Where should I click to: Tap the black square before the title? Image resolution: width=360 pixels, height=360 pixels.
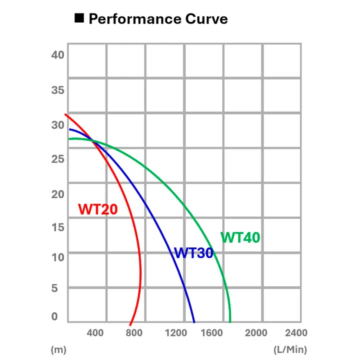[79, 18]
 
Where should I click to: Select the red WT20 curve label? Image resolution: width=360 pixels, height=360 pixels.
[98, 209]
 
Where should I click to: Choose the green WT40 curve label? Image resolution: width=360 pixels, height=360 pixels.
[240, 237]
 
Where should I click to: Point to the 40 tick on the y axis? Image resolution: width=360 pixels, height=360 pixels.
[58, 54]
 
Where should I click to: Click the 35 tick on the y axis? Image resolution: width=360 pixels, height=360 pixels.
[58, 90]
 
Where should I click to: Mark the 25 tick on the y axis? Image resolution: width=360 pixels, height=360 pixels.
[58, 159]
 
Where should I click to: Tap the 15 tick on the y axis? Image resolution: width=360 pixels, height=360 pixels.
[58, 226]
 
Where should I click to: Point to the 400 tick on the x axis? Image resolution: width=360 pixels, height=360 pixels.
[95, 332]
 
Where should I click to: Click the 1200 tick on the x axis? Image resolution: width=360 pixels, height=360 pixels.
[175, 332]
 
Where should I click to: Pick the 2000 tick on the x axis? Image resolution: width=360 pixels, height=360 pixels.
[255, 332]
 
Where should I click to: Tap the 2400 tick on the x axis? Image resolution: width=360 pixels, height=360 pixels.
[295, 332]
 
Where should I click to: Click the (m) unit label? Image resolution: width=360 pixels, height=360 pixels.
[58, 349]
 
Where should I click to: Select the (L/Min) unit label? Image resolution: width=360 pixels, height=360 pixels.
[290, 349]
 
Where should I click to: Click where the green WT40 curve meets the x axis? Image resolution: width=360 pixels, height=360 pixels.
[230, 322]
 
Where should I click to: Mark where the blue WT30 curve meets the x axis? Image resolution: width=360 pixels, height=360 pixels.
[194, 322]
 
